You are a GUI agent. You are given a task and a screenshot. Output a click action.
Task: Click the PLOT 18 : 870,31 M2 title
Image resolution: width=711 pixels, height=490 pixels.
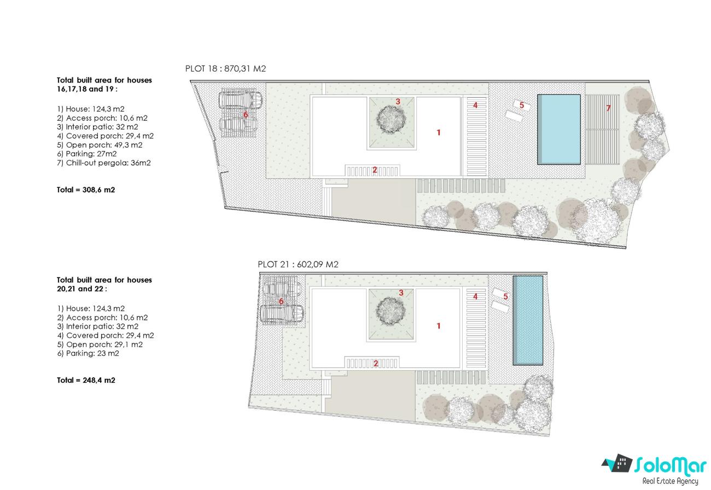tap(225, 68)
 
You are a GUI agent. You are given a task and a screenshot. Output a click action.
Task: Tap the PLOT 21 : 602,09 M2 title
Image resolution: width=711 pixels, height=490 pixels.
tap(298, 264)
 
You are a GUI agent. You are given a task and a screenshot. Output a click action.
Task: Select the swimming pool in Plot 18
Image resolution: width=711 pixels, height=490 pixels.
tap(559, 129)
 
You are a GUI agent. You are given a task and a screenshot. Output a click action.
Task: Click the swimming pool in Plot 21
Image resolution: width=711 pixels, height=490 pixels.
tap(528, 320)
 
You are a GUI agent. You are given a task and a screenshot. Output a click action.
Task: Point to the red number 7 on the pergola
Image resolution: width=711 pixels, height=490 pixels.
tap(608, 108)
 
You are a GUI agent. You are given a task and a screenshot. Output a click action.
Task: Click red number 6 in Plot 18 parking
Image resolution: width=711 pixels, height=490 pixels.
tap(246, 114)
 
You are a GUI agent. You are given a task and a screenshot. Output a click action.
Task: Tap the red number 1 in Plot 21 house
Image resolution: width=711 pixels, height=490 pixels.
tap(438, 325)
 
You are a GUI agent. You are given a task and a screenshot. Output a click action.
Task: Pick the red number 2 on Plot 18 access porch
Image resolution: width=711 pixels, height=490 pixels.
tap(375, 170)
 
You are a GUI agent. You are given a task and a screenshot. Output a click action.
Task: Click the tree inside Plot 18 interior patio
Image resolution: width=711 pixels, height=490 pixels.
tap(391, 119)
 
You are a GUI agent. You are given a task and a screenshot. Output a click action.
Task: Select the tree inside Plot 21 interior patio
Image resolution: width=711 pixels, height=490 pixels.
tap(391, 311)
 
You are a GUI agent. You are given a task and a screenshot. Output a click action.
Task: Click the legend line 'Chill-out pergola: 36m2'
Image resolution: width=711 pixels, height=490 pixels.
tap(104, 163)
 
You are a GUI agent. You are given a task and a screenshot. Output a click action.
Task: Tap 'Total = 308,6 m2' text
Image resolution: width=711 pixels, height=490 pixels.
tap(86, 190)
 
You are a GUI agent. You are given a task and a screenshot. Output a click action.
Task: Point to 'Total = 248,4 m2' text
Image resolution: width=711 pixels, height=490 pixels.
tap(86, 380)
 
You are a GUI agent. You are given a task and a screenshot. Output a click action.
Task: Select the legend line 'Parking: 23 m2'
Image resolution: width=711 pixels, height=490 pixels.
tap(88, 353)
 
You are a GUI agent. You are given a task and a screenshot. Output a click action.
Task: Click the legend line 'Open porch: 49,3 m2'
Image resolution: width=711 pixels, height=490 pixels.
tap(100, 145)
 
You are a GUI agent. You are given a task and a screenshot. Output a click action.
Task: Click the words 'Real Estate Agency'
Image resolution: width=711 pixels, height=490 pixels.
tap(671, 481)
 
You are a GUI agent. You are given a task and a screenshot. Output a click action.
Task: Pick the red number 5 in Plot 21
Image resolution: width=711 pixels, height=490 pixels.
tap(506, 296)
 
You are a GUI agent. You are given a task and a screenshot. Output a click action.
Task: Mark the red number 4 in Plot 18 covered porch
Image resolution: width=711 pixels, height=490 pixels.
tap(475, 105)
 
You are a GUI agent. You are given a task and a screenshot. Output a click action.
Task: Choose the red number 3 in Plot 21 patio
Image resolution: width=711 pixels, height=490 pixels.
tap(401, 293)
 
